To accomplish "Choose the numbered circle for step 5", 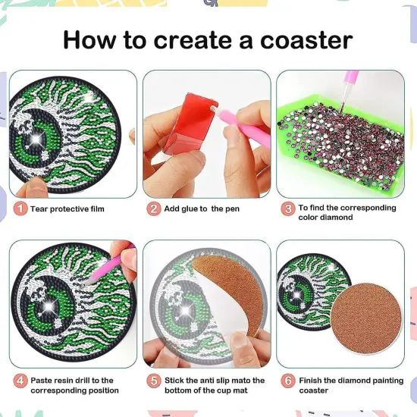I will pos(154,381).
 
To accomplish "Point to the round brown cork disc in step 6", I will pos(363,318).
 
